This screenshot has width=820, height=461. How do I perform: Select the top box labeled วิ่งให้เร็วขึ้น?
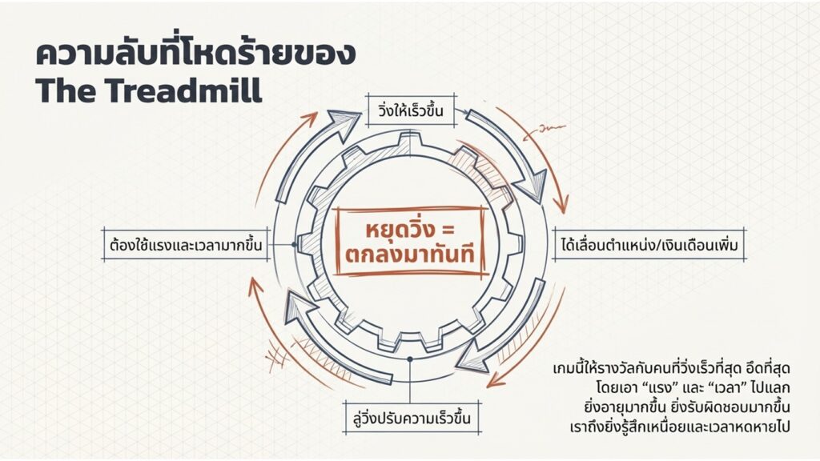[411, 110]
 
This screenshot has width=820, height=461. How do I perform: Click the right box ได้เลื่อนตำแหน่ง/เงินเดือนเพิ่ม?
[649, 244]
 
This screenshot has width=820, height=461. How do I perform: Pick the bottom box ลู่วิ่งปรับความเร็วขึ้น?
[412, 418]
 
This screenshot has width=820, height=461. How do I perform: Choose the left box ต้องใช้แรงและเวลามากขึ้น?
[186, 244]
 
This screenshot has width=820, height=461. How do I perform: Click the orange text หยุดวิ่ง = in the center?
[410, 230]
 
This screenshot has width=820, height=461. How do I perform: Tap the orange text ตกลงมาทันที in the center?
[410, 255]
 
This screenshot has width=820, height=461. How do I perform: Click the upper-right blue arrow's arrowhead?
[530, 187]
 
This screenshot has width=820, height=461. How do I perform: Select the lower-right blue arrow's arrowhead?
[472, 356]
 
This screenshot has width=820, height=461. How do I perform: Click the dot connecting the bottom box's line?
[410, 359]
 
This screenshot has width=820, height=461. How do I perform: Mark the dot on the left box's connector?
[294, 244]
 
